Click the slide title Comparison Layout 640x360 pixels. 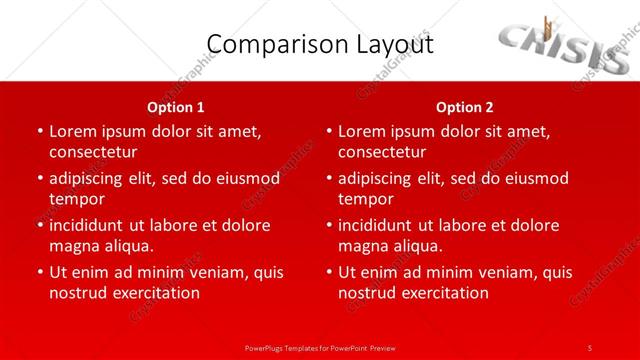tap(319, 45)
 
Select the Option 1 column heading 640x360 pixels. tap(176, 107)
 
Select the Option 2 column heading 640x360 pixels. tap(464, 107)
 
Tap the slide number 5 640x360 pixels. tap(590, 347)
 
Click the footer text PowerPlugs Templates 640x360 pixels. tap(320, 347)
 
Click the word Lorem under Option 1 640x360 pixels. tap(75, 131)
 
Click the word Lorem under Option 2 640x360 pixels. tap(364, 131)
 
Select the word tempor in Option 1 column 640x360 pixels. tap(77, 199)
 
